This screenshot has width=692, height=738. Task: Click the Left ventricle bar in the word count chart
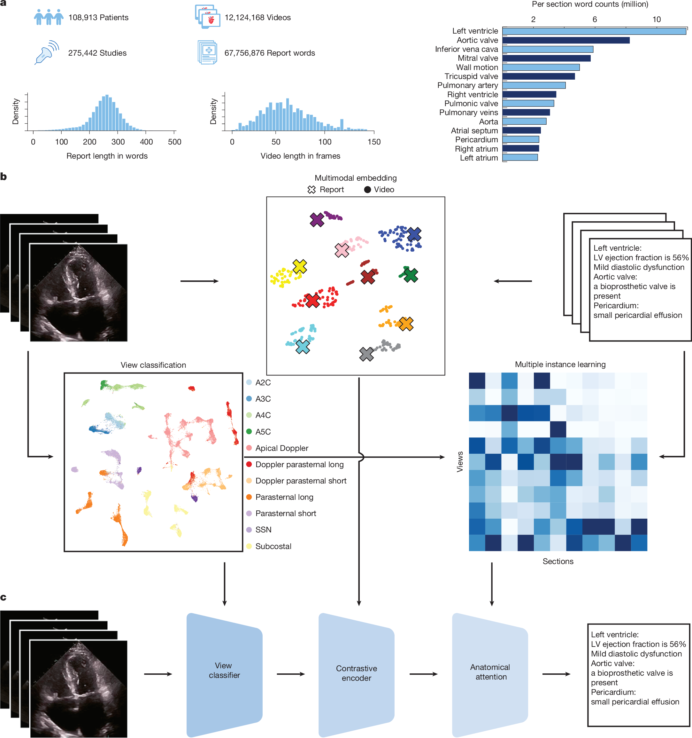coord(594,31)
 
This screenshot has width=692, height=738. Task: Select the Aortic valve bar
coord(565,40)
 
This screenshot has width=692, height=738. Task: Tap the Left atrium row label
coord(479,158)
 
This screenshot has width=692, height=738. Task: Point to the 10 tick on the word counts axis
coord(657,19)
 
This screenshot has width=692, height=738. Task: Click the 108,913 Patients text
coord(98,18)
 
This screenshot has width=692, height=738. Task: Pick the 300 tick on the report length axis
coord(118,141)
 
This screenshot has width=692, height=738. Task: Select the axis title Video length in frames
coord(300,156)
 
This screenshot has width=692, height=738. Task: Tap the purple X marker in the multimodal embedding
coord(317,219)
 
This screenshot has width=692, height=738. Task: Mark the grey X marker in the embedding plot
coord(366,354)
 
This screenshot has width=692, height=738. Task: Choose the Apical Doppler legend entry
coord(281,448)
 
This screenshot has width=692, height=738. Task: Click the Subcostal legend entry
coord(273,546)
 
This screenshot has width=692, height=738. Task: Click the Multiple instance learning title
coord(560,364)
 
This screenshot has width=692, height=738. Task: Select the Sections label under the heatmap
coord(558,561)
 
